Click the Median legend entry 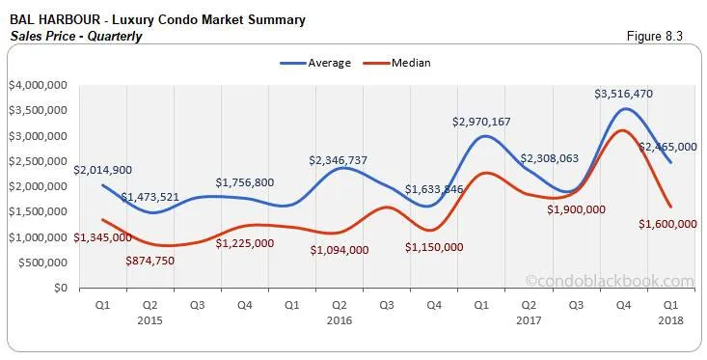397,63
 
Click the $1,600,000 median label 666,224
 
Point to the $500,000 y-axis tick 41,263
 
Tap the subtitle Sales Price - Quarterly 76,37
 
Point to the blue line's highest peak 625,108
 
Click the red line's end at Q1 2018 670,206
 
